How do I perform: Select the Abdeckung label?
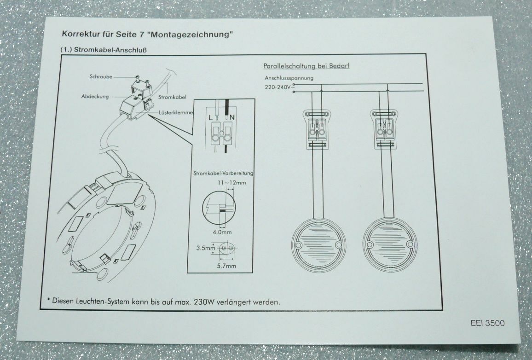pyautogui.click(x=95, y=96)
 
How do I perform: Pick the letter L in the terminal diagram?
pyautogui.click(x=210, y=117)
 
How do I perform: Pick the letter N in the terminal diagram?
pyautogui.click(x=233, y=117)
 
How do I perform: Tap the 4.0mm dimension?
pyautogui.click(x=222, y=232)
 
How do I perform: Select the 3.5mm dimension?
pyautogui.click(x=206, y=248)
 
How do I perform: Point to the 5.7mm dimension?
pyautogui.click(x=226, y=266)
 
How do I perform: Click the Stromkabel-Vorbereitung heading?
pyautogui.click(x=224, y=174)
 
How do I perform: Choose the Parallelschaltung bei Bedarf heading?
pyautogui.click(x=306, y=66)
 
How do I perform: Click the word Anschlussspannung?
pyautogui.click(x=289, y=78)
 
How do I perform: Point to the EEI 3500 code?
pyautogui.click(x=488, y=323)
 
